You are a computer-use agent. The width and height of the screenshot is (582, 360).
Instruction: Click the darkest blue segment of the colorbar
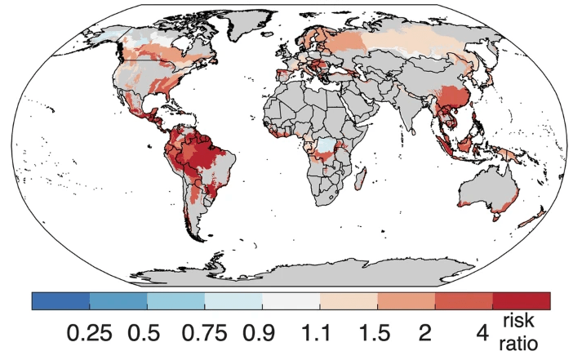60,300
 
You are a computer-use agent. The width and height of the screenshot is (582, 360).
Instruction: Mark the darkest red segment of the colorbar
521,300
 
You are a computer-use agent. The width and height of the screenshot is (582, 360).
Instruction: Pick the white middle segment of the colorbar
291,300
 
